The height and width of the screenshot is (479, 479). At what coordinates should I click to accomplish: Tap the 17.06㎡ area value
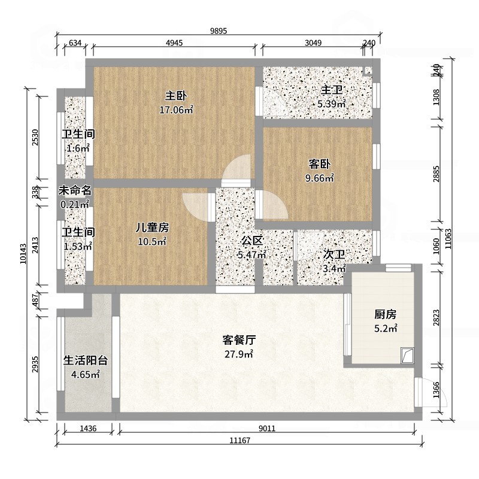pyautogui.click(x=175, y=110)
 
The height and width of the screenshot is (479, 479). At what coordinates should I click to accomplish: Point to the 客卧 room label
pyautogui.click(x=320, y=163)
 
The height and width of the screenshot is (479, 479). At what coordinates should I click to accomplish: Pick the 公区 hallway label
pyautogui.click(x=252, y=241)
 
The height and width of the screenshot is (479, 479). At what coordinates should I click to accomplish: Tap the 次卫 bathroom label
pyautogui.click(x=334, y=255)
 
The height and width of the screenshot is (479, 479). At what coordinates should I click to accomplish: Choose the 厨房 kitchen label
pyautogui.click(x=386, y=314)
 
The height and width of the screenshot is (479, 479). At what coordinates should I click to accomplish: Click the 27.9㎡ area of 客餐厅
pyautogui.click(x=239, y=354)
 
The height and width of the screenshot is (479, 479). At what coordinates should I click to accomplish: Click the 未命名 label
pyautogui.click(x=75, y=190)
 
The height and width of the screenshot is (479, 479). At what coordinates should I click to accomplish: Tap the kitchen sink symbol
pyautogui.click(x=407, y=356)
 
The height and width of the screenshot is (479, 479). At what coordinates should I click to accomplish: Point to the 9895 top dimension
pyautogui.click(x=218, y=31)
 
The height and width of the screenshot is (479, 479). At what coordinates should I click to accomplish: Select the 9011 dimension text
pyautogui.click(x=267, y=428)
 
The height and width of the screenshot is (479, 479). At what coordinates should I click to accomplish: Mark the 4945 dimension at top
pyautogui.click(x=174, y=43)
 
